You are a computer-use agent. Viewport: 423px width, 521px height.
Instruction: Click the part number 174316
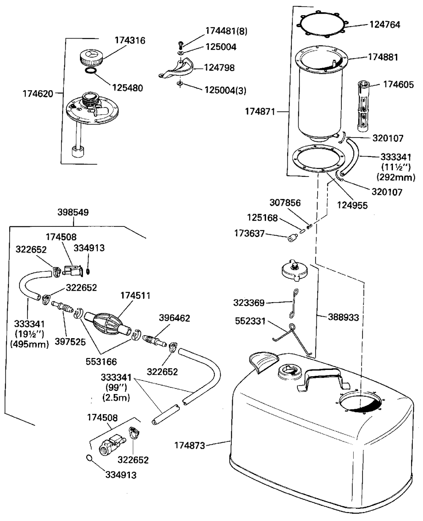coord(130,41)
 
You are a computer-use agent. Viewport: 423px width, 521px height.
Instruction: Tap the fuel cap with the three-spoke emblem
coord(90,57)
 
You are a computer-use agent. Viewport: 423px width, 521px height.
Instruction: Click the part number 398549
coord(73,213)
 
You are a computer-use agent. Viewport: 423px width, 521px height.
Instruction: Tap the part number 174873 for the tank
coord(190,445)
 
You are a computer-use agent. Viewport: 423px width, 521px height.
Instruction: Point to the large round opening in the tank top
coord(360,402)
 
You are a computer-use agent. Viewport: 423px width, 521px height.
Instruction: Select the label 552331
coord(250,322)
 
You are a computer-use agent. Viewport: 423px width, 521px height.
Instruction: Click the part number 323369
coord(249,303)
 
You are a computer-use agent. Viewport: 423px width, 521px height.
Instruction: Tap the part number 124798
coord(220,67)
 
